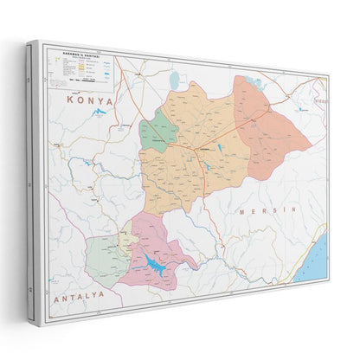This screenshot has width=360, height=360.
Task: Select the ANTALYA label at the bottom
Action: pos(80,295)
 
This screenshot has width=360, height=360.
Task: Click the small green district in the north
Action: pos(158,132)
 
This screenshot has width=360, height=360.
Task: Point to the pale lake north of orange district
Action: pos(176,80)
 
